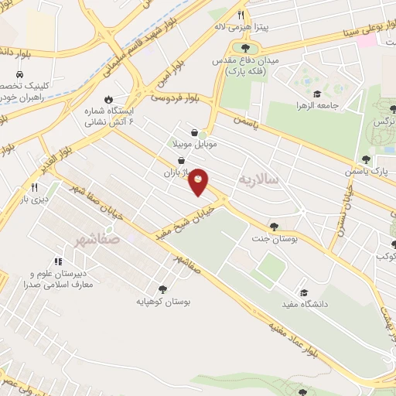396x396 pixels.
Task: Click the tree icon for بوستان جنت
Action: [274, 227]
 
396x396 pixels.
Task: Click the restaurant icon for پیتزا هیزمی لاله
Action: [241, 15]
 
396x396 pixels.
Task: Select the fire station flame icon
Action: [108, 99]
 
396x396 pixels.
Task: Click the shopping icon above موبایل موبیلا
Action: [203, 132]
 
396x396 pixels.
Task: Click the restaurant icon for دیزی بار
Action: [33, 188]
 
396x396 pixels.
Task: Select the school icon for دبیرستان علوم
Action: [58, 262]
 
